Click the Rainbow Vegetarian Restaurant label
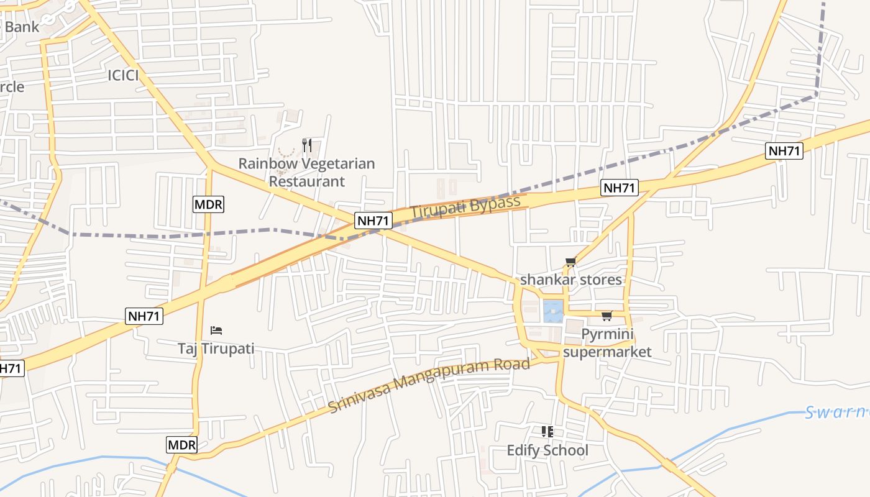point(306,173)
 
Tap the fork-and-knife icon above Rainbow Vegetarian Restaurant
point(306,145)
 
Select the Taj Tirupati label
point(216,349)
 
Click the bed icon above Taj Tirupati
point(216,331)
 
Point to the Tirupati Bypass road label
point(465,207)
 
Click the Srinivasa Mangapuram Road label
point(429,385)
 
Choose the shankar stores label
point(570,280)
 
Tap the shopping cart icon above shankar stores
point(570,262)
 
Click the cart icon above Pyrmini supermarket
point(607,316)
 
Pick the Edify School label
point(547,450)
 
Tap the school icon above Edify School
point(547,431)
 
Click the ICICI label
point(122,76)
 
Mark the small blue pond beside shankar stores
point(553,311)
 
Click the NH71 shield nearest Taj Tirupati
point(144,316)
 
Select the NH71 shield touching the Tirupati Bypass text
point(373,220)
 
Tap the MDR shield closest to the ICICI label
point(208,204)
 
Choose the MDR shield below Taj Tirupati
point(182,445)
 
